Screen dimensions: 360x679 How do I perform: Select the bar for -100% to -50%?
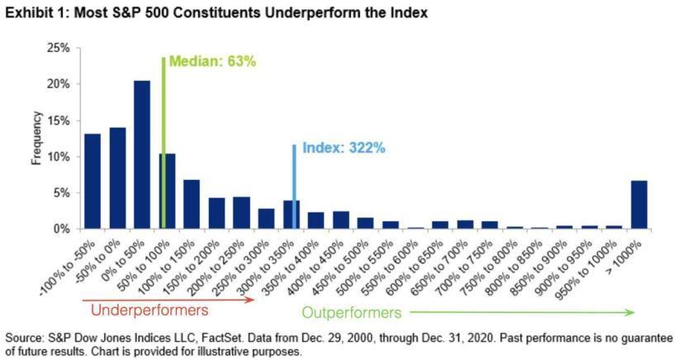pos(93,181)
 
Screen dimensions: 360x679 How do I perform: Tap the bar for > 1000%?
pos(639,204)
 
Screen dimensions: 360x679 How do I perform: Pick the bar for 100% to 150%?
pos(192,204)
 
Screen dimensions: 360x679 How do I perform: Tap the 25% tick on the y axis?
pos(59,48)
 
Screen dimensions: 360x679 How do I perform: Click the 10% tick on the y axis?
pos(59,157)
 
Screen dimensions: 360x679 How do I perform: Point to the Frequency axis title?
pos(36,138)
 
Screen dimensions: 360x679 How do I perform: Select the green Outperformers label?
pos(350,313)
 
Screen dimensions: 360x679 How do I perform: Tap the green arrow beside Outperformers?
pos(520,312)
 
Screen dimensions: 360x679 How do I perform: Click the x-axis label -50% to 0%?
pos(107,258)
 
